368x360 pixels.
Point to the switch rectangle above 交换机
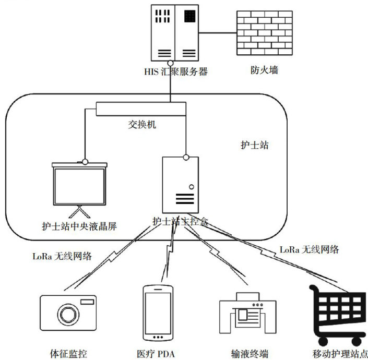141,109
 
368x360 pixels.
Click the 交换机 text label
142,125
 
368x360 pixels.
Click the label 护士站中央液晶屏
79,227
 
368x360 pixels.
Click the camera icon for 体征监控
68,313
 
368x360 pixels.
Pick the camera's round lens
68,315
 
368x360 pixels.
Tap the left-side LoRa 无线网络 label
62,256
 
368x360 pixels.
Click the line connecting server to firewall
217,33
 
